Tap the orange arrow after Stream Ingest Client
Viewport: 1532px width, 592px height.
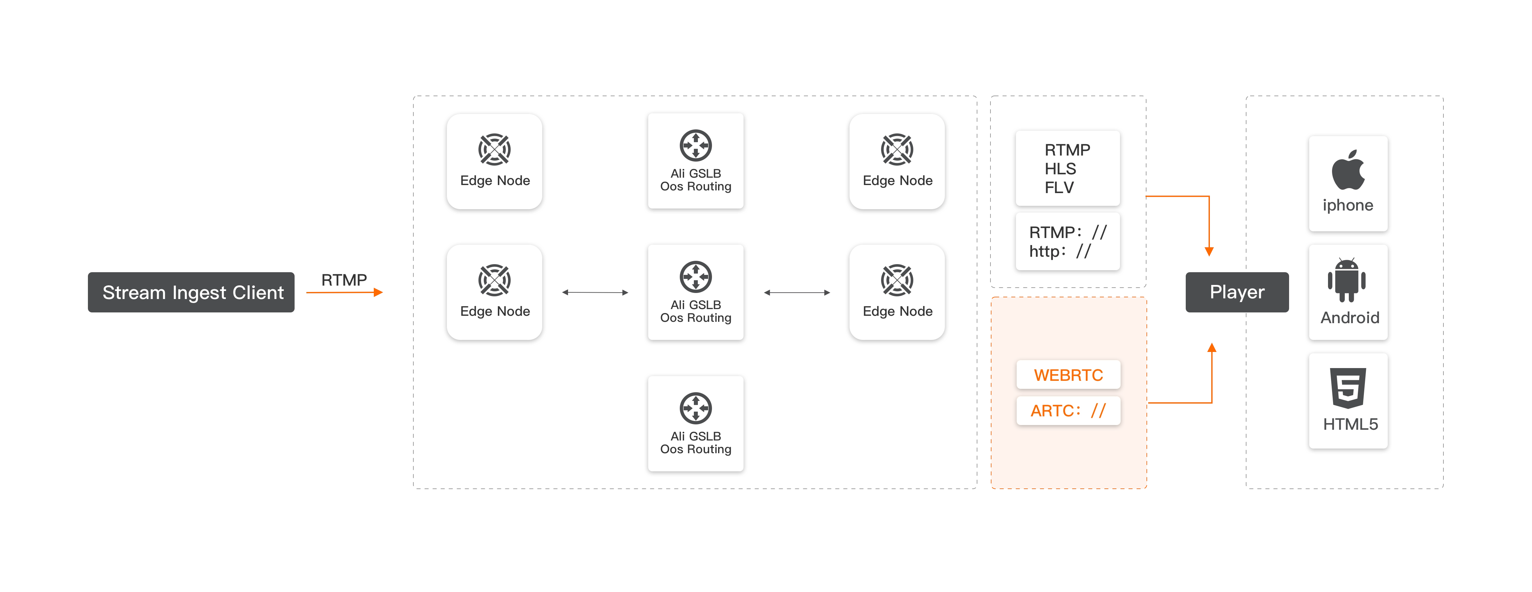pos(345,292)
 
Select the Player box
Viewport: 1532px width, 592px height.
pos(1237,292)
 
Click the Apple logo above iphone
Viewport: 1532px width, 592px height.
pos(1348,170)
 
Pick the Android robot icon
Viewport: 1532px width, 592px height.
pos(1346,281)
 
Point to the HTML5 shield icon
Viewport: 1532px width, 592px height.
pos(1348,388)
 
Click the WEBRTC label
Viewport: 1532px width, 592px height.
pos(1068,375)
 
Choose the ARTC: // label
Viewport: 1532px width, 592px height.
pos(1068,411)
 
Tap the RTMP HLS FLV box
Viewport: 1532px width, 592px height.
pos(1068,168)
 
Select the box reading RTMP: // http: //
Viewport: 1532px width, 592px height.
pos(1068,241)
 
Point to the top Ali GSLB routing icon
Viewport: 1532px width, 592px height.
pos(695,145)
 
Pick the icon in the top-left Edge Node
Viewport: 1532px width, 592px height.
pos(494,149)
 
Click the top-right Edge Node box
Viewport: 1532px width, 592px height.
pos(897,162)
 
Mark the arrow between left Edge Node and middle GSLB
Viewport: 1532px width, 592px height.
pos(595,292)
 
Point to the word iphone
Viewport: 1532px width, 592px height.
pos(1348,205)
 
